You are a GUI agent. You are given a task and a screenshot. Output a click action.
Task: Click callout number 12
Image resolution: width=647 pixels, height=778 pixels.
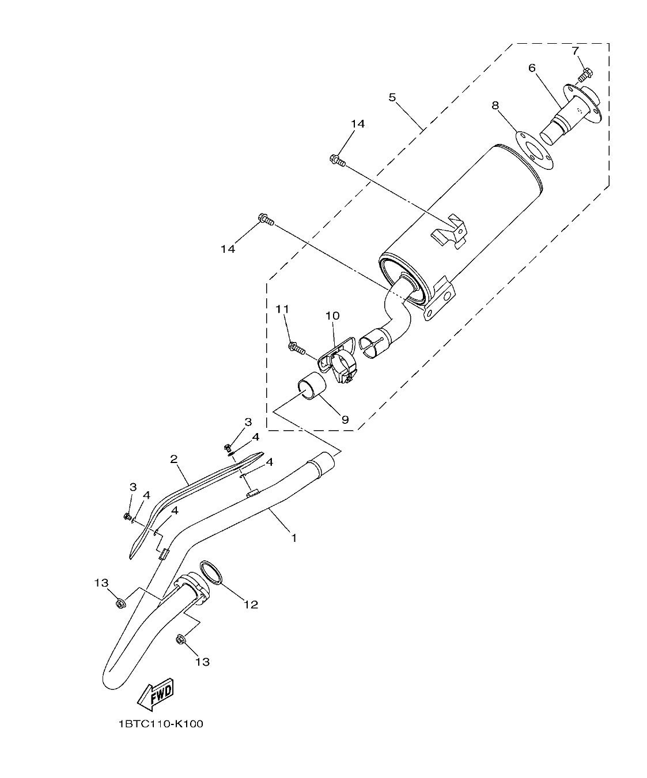[250, 604]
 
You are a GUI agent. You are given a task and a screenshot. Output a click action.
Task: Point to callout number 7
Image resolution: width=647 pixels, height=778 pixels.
[575, 51]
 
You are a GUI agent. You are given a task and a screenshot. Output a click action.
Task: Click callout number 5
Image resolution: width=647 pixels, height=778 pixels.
[392, 97]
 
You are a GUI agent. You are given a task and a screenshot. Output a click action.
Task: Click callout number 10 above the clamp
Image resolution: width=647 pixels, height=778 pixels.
[332, 316]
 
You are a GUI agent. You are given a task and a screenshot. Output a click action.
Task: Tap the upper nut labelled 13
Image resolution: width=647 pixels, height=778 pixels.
[120, 604]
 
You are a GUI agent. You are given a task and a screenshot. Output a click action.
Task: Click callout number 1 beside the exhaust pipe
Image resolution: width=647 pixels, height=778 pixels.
[293, 538]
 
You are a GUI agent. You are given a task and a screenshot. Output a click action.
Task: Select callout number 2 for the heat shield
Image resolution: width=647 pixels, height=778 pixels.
[173, 459]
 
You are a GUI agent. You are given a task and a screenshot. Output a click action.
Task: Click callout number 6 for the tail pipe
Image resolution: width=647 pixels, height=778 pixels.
[532, 68]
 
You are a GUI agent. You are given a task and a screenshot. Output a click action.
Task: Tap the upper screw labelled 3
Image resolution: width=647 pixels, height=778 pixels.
[228, 447]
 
